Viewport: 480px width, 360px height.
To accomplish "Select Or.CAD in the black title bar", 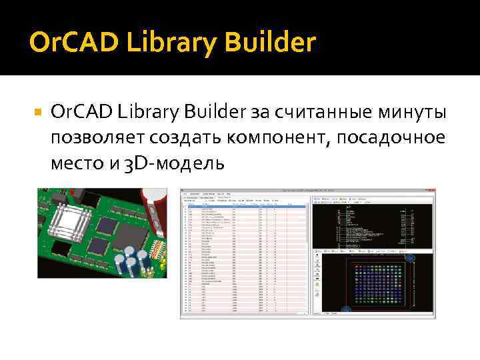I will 73,42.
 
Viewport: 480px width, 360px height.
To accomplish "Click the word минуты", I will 410,113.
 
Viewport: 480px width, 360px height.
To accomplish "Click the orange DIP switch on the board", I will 159,249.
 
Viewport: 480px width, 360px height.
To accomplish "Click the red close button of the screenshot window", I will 433,191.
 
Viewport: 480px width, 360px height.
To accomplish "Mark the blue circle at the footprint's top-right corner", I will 411,257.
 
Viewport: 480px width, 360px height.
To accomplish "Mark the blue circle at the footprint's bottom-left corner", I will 346,309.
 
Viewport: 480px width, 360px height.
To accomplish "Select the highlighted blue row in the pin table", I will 243,206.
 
